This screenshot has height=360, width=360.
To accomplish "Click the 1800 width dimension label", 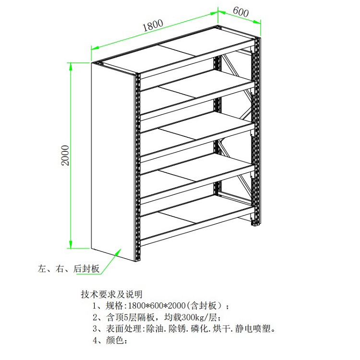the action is click(153, 25).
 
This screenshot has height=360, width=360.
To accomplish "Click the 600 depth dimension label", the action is click(241, 12).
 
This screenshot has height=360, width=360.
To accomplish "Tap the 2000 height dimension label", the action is click(65, 155).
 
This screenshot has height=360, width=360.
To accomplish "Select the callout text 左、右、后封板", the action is click(69, 269).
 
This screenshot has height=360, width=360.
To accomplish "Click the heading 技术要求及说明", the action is click(111, 294).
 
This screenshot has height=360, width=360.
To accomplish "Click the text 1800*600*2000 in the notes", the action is click(156, 306).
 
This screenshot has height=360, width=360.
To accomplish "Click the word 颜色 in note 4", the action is click(115, 340).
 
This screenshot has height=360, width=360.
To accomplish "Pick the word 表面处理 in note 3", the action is click(123, 329).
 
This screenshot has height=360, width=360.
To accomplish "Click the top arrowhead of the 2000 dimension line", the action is click(71, 66).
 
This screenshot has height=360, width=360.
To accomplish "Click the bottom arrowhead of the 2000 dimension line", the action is click(71, 244).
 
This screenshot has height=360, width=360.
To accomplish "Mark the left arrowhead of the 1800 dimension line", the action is click(95, 48).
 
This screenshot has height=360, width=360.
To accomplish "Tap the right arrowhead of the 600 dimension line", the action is click(257, 22).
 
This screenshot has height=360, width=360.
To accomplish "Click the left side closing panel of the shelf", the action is click(112, 162).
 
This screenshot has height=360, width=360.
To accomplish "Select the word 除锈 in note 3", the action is click(177, 329).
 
